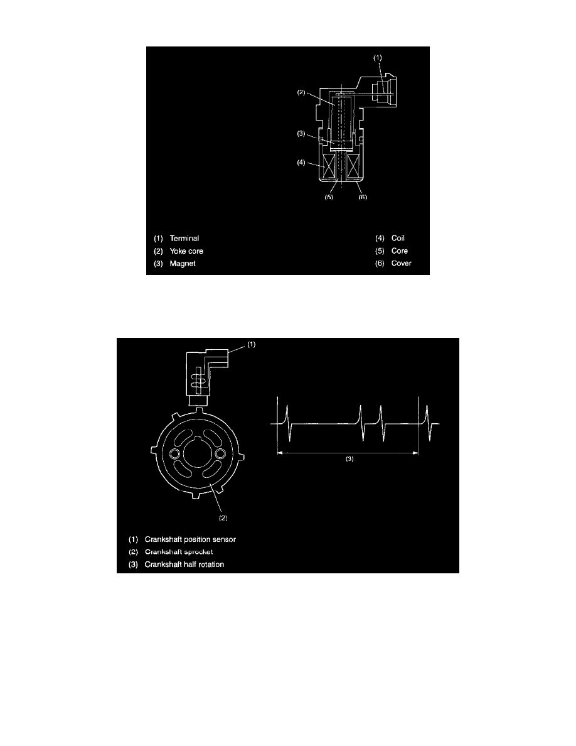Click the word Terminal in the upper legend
coord(184,239)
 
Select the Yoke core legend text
coord(186,251)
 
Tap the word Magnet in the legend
coord(183,264)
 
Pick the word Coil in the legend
coord(398,238)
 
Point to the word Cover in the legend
coord(401,263)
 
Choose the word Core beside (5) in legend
coord(399,251)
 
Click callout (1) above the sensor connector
coord(377,58)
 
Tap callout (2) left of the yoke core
coord(301,92)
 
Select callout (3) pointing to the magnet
coord(301,134)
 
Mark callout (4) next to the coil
coord(301,163)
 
